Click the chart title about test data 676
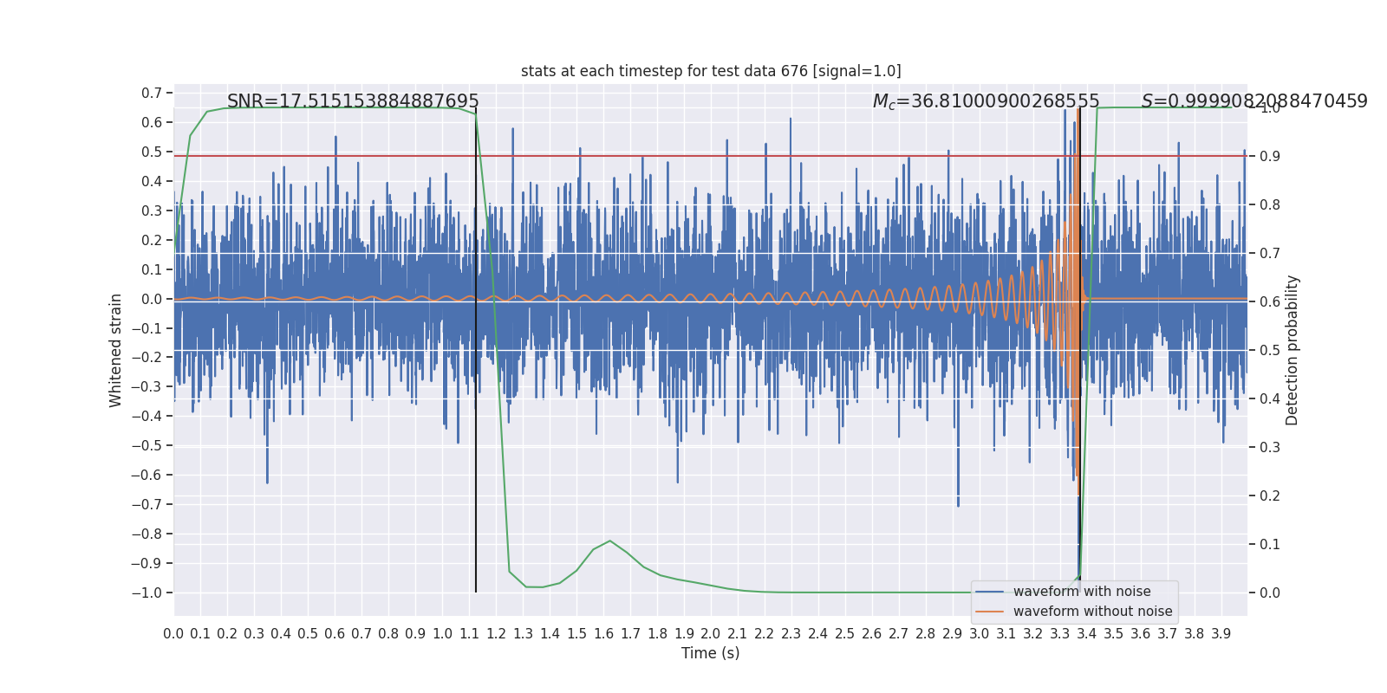pyautogui.click(x=711, y=71)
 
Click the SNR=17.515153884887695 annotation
pyautogui.click(x=353, y=101)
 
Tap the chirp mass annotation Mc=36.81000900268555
pyautogui.click(x=986, y=101)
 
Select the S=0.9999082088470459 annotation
pyautogui.click(x=1254, y=101)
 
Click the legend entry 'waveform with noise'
pyautogui.click(x=1081, y=592)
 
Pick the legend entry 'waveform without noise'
pyautogui.click(x=1091, y=612)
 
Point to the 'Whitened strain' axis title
pyautogui.click(x=116, y=350)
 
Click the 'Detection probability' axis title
pyautogui.click(x=1293, y=350)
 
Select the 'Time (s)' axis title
pyautogui.click(x=710, y=653)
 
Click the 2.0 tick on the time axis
pyautogui.click(x=711, y=634)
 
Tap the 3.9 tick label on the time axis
pyautogui.click(x=1221, y=634)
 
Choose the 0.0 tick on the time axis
pyautogui.click(x=173, y=634)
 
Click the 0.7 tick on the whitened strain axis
pyautogui.click(x=152, y=93)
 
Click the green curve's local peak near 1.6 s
pyautogui.click(x=610, y=541)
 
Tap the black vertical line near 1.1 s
pyautogui.click(x=476, y=390)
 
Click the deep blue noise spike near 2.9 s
pyautogui.click(x=958, y=498)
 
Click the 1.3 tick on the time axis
pyautogui.click(x=523, y=634)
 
